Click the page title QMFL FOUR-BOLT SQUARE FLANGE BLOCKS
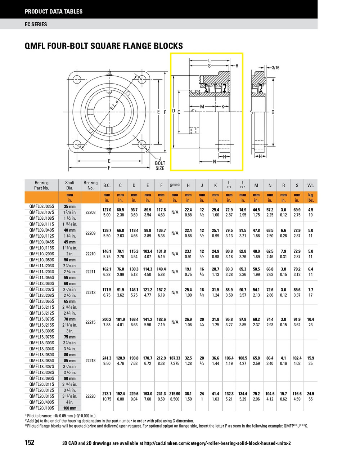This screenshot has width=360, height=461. click(x=104, y=46)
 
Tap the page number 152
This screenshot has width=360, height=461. click(x=30, y=442)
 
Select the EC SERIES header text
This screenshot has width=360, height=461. click(x=36, y=24)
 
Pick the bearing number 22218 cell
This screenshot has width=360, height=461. click(x=90, y=361)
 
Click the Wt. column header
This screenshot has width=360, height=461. click(x=310, y=185)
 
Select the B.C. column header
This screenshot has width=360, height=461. click(x=107, y=185)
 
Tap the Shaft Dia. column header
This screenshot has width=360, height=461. click(x=70, y=185)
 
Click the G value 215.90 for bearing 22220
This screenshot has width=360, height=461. click(x=175, y=394)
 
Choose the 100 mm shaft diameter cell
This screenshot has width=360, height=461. click(x=70, y=408)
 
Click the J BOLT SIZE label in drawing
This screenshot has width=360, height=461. click(x=160, y=164)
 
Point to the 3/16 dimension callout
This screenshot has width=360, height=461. click(x=275, y=67)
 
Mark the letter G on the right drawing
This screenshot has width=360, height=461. click(x=273, y=112)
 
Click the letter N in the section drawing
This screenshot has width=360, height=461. click(x=215, y=162)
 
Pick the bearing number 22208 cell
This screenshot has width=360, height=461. click(x=90, y=212)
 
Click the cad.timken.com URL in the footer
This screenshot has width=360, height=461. click(x=216, y=443)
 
